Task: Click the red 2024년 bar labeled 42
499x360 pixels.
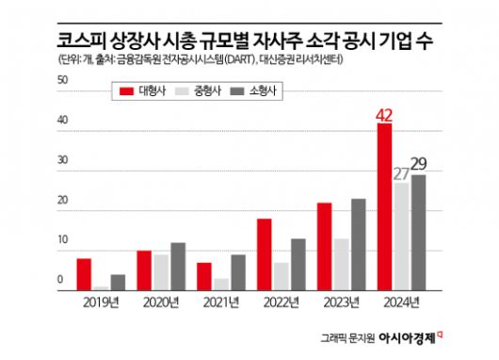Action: (385, 206)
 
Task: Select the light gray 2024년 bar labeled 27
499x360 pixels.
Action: (401, 236)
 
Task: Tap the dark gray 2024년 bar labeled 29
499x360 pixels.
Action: (418, 232)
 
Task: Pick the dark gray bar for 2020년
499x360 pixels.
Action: (178, 266)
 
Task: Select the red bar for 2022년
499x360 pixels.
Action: (265, 254)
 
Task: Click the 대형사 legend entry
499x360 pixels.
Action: (142, 90)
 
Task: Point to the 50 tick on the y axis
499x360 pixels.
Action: (61, 82)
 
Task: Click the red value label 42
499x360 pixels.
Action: (384, 116)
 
